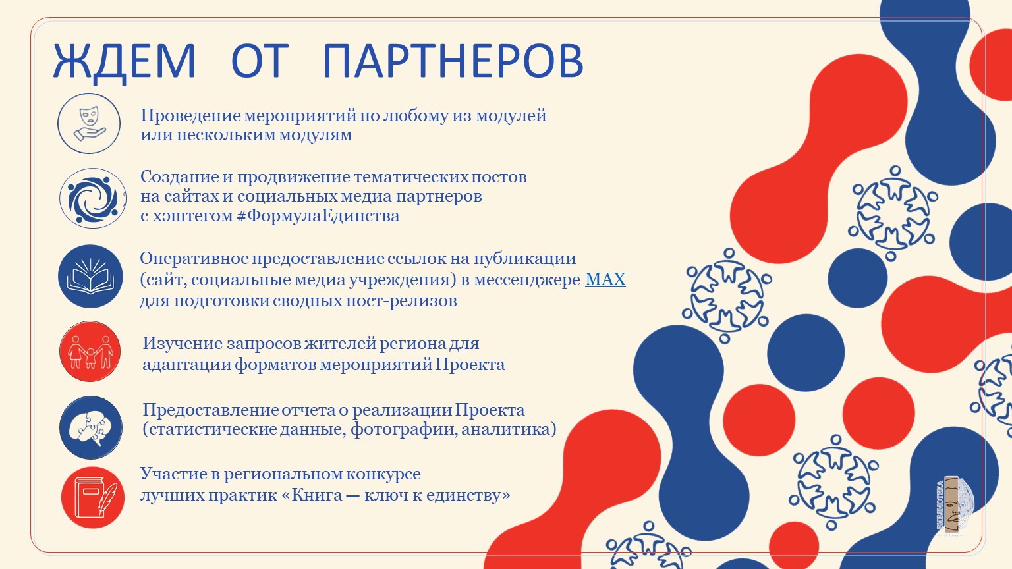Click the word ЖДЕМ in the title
click(x=125, y=63)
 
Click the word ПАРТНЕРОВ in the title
click(x=453, y=61)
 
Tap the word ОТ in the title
click(x=260, y=61)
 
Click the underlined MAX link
click(x=605, y=279)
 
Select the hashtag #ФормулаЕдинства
click(x=318, y=216)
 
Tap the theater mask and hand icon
click(x=89, y=123)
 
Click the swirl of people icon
click(x=93, y=198)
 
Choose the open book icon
click(x=90, y=277)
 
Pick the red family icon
click(x=90, y=351)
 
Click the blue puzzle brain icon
click(x=91, y=427)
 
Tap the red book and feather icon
click(x=93, y=497)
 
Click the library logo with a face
click(x=954, y=506)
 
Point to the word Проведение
click(x=190, y=116)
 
